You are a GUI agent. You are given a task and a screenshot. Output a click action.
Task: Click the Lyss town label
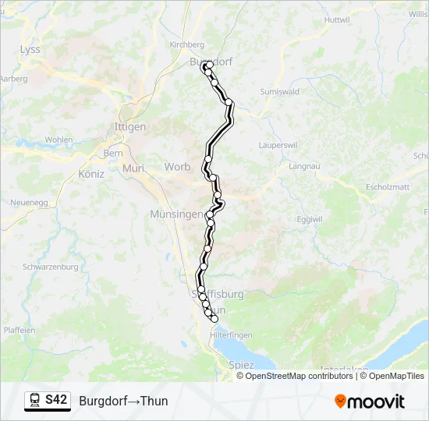pyautogui.click(x=30, y=49)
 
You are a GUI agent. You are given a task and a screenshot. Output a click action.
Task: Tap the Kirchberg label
pyautogui.click(x=186, y=45)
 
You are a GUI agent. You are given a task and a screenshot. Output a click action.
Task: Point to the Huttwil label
pyautogui.click(x=336, y=19)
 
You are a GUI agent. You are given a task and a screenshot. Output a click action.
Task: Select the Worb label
pyautogui.click(x=177, y=167)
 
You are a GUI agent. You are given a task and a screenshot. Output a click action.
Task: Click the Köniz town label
pyautogui.click(x=91, y=174)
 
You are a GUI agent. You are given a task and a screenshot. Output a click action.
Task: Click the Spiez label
pyautogui.click(x=241, y=364)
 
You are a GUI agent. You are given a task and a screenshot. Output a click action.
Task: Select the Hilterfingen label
pyautogui.click(x=232, y=333)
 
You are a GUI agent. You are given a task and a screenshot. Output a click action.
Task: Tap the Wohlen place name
pyautogui.click(x=58, y=140)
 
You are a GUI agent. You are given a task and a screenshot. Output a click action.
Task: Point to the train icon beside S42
pyautogui.click(x=34, y=401)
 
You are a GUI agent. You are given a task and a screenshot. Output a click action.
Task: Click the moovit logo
pyautogui.click(x=370, y=402)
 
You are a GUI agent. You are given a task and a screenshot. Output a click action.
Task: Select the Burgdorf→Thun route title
pyautogui.click(x=123, y=402)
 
